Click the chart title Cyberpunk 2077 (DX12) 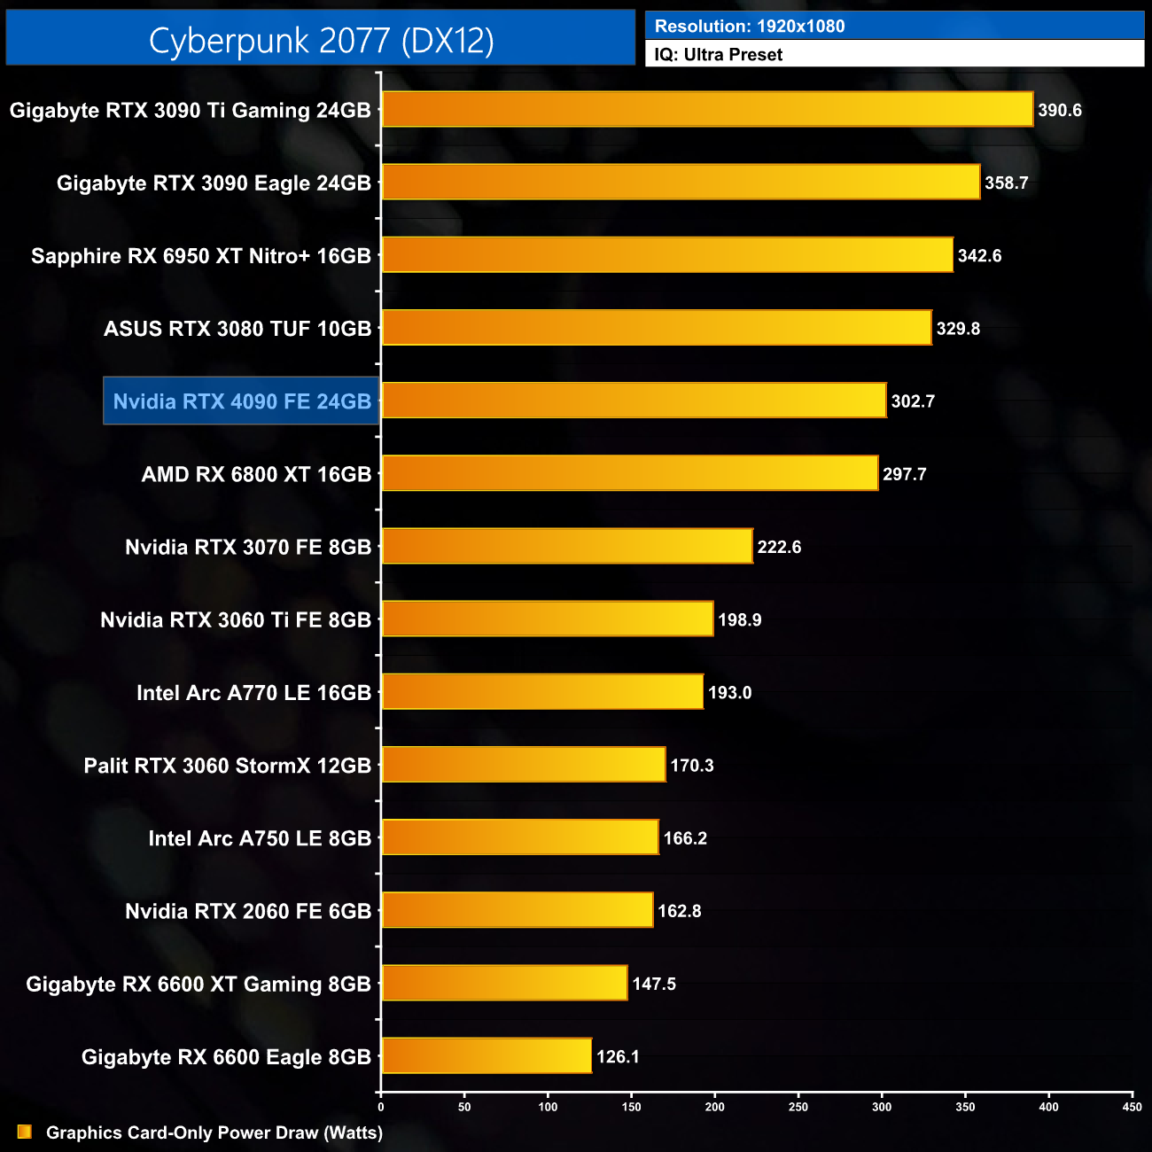(x=321, y=41)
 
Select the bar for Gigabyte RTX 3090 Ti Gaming (x=707, y=110)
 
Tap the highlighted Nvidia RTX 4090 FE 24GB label (x=242, y=401)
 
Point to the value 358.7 (x=1007, y=183)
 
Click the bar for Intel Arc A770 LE (x=542, y=692)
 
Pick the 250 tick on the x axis (x=798, y=1107)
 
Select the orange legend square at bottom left (x=25, y=1132)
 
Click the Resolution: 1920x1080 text (x=750, y=27)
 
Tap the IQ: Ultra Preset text (x=719, y=55)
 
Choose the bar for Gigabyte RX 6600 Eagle (x=486, y=1056)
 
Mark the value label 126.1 (x=618, y=1056)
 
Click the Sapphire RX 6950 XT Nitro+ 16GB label (x=201, y=256)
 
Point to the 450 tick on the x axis (x=1132, y=1107)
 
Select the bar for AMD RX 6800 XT (x=630, y=474)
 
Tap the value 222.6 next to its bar (x=779, y=547)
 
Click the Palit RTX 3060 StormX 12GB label (x=228, y=766)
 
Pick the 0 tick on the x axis (x=381, y=1107)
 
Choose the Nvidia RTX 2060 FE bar (x=518, y=911)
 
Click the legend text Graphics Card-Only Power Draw (x=214, y=1133)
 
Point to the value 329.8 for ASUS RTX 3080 (x=958, y=329)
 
